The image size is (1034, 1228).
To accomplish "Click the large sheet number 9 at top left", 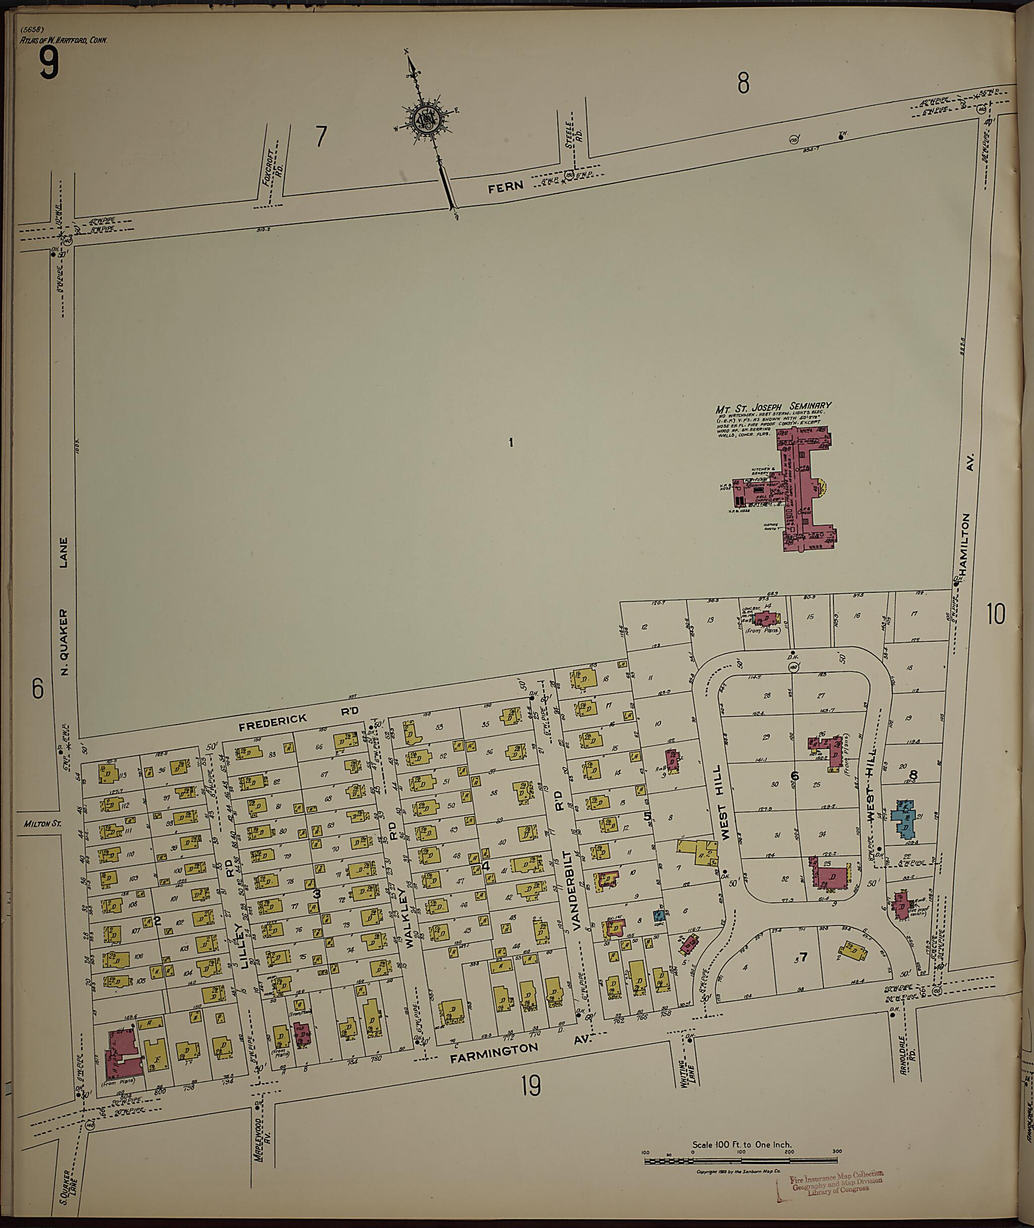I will click(49, 64).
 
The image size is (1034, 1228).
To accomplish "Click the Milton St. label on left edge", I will click(43, 824).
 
